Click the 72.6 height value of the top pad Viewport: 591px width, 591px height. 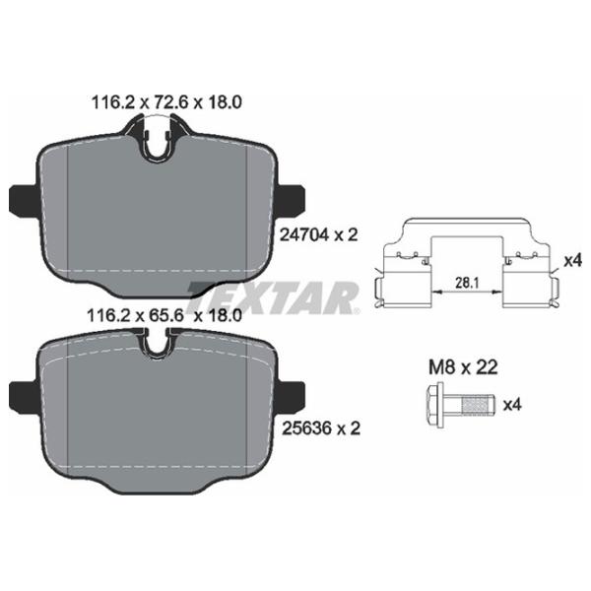pos(169,102)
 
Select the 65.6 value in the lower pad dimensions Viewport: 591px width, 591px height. pos(166,315)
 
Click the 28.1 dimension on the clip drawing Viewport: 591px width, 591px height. pos(467,283)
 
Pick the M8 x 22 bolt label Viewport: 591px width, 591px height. pos(463,367)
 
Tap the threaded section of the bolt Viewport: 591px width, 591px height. pos(478,406)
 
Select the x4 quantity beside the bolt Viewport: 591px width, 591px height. pos(512,405)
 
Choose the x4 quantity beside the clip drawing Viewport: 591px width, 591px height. pos(572,260)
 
